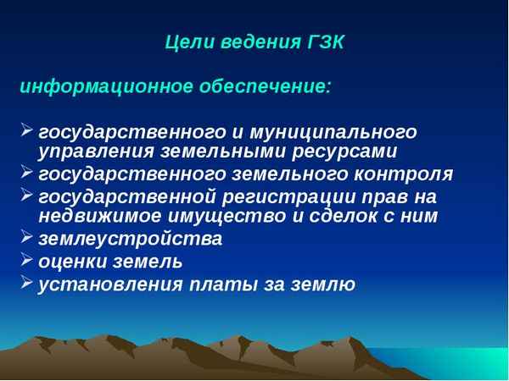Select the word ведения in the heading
click(x=255, y=42)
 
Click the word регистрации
click(x=295, y=197)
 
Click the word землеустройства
click(x=131, y=240)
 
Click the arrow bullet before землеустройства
click(x=26, y=238)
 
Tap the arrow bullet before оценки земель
click(x=26, y=260)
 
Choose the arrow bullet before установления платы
click(x=26, y=283)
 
